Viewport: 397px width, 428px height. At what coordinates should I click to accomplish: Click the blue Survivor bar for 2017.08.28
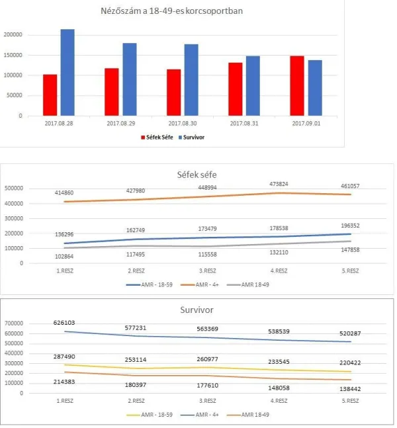pyautogui.click(x=67, y=72)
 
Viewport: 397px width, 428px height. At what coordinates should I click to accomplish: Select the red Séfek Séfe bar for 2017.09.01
pyautogui.click(x=297, y=86)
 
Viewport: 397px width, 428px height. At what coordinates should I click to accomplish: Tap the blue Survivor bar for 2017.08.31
pyautogui.click(x=253, y=86)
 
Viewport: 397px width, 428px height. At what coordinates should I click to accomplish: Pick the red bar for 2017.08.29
pyautogui.click(x=112, y=92)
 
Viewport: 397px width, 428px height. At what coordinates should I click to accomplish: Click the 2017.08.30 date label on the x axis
pyautogui.click(x=183, y=124)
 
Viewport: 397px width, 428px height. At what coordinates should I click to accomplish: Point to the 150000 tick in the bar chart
pyautogui.click(x=13, y=55)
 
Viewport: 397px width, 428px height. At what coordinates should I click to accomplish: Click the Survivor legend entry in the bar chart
pyautogui.click(x=191, y=138)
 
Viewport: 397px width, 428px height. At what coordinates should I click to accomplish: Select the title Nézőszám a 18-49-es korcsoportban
pyautogui.click(x=172, y=11)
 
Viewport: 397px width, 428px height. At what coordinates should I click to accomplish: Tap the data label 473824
pyautogui.click(x=279, y=184)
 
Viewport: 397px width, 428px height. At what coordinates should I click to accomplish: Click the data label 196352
pyautogui.click(x=350, y=226)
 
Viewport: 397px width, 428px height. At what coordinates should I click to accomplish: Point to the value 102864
pyautogui.click(x=64, y=256)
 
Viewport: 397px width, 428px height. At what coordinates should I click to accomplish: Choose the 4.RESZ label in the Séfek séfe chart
pyautogui.click(x=279, y=271)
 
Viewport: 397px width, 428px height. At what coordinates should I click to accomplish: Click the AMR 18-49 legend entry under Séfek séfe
pyautogui.click(x=248, y=284)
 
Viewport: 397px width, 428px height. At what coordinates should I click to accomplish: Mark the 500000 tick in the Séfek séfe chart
pyautogui.click(x=14, y=189)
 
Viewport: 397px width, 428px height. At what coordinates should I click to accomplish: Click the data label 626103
pyautogui.click(x=64, y=323)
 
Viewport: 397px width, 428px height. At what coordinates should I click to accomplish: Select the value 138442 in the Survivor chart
pyautogui.click(x=350, y=389)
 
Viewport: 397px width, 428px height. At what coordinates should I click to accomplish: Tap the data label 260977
pyautogui.click(x=208, y=359)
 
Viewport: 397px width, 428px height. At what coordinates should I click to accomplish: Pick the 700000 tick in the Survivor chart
pyautogui.click(x=14, y=323)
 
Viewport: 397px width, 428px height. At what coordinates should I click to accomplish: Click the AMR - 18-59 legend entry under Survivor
pyautogui.click(x=150, y=415)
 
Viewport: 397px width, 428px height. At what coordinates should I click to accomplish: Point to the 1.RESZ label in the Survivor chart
pyautogui.click(x=65, y=401)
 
